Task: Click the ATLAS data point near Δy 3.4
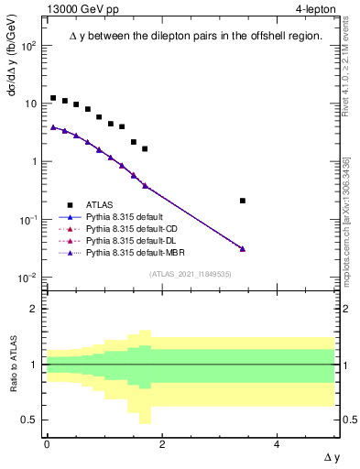tap(242, 201)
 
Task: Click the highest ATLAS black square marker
tap(53, 98)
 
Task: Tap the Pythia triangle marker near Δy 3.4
tap(242, 248)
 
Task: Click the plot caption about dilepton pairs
tap(196, 37)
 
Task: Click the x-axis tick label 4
tap(277, 444)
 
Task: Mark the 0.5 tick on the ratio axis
tap(34, 420)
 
